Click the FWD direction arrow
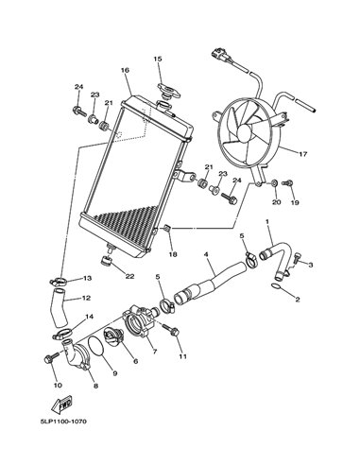tap(61, 405)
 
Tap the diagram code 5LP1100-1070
tap(63, 422)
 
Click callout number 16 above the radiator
tap(125, 70)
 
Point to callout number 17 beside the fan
tap(303, 155)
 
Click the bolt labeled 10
tap(51, 357)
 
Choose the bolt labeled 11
tap(171, 329)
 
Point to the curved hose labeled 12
tap(60, 307)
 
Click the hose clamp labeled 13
tap(58, 280)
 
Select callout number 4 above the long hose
tap(206, 253)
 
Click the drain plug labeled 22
tap(107, 261)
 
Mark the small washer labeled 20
tap(275, 182)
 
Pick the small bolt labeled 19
tap(287, 182)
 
